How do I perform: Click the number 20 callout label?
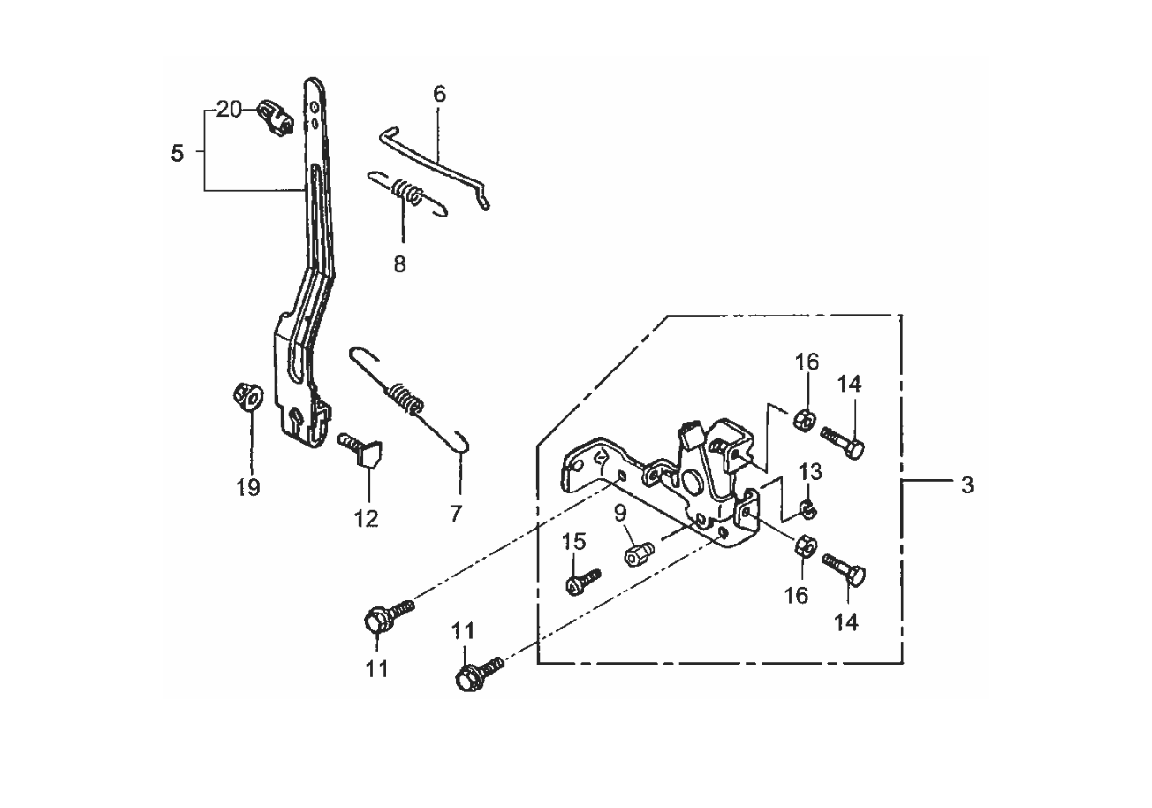[229, 110]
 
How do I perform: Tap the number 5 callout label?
[178, 152]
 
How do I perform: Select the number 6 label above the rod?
[439, 94]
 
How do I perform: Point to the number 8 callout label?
[400, 263]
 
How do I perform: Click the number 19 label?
[249, 487]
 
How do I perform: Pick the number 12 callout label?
[366, 518]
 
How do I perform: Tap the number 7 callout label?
[456, 513]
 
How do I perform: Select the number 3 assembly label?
[967, 484]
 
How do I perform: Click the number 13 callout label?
[812, 473]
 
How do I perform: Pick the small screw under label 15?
[580, 581]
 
